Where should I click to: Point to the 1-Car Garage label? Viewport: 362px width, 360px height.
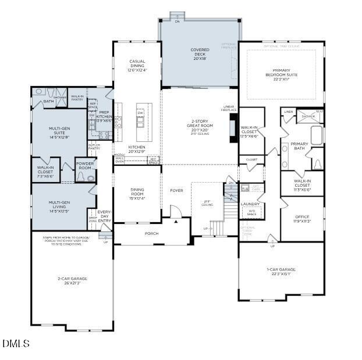click(x=281, y=272)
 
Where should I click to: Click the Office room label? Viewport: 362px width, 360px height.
click(x=301, y=219)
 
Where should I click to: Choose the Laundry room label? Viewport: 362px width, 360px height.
click(x=250, y=204)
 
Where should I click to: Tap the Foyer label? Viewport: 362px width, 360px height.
click(x=176, y=191)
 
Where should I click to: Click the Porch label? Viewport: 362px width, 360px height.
click(x=151, y=234)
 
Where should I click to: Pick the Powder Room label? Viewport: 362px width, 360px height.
click(x=86, y=166)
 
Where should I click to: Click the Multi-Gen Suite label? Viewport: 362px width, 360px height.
click(x=59, y=132)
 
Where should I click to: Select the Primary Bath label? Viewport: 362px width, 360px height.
click(x=299, y=147)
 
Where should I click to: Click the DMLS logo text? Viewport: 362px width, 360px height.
click(x=16, y=344)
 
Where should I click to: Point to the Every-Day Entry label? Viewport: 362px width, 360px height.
click(x=105, y=216)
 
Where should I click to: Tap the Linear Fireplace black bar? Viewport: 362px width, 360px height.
click(x=233, y=124)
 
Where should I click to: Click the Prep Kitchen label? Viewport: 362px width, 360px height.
click(x=104, y=116)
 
